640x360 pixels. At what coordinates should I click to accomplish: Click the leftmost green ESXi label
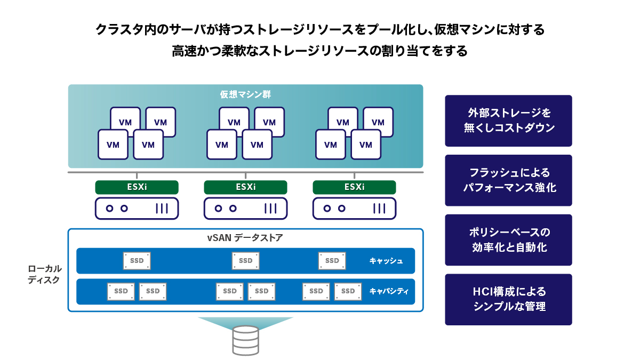click(x=137, y=187)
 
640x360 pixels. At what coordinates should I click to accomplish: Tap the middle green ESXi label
click(x=245, y=187)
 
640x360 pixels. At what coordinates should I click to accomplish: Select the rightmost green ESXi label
click(x=354, y=187)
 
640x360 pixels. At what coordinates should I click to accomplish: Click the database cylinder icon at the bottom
click(x=246, y=340)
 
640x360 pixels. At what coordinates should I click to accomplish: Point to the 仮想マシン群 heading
click(x=245, y=94)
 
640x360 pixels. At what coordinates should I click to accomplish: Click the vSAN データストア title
click(x=245, y=238)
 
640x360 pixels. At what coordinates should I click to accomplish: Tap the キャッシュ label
click(x=386, y=261)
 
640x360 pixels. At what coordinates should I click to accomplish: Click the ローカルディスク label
click(x=45, y=274)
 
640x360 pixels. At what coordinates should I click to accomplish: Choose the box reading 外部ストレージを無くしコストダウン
click(x=508, y=121)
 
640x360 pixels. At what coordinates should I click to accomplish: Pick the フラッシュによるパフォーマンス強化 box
click(x=508, y=180)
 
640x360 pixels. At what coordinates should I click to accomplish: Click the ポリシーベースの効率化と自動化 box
click(x=508, y=240)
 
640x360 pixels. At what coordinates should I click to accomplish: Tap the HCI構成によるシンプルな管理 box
click(x=508, y=299)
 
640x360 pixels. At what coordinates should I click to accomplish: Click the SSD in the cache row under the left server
click(x=137, y=261)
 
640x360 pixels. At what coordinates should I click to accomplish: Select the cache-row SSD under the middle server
click(x=245, y=261)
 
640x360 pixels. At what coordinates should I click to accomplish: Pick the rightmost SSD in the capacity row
click(x=348, y=291)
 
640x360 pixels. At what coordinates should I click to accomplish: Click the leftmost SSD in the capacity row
click(x=121, y=291)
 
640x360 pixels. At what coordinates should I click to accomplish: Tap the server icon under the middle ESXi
click(x=245, y=209)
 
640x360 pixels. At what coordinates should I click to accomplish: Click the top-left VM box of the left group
click(x=125, y=122)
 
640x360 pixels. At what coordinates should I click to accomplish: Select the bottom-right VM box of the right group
click(x=366, y=145)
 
